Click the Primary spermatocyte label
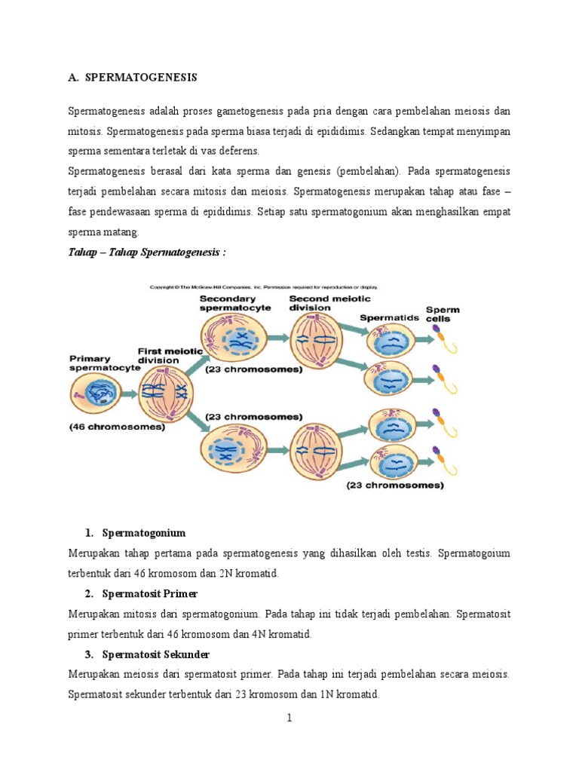tap(100, 363)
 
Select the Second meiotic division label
tap(320, 303)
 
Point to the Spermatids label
tap(388, 317)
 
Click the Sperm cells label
tap(443, 314)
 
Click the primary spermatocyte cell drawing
tap(98, 394)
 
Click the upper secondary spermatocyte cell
tap(240, 339)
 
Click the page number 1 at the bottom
tap(289, 718)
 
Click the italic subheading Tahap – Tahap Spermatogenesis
tap(146, 253)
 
